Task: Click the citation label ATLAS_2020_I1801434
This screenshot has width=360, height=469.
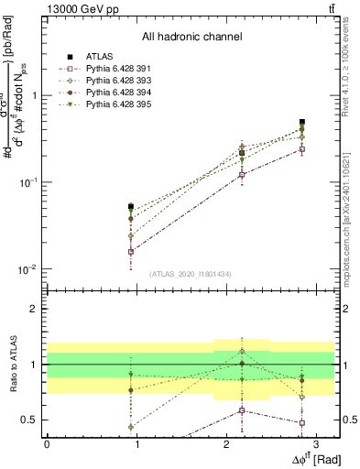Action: click(x=191, y=274)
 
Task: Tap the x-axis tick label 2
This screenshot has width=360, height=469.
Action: click(x=225, y=442)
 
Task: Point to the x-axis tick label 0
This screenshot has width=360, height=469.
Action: click(x=47, y=442)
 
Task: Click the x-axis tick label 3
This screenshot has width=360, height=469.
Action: click(x=315, y=442)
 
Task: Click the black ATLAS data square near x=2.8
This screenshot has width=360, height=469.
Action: click(x=301, y=122)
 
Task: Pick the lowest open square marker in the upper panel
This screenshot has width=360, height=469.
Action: click(x=131, y=251)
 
